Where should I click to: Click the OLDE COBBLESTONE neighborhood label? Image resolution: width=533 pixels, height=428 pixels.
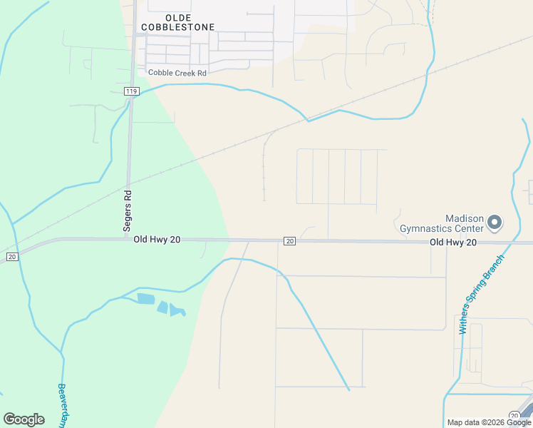(178, 21)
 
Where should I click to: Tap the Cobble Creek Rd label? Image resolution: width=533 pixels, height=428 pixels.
(177, 73)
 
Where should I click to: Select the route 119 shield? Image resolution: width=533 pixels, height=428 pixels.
(130, 91)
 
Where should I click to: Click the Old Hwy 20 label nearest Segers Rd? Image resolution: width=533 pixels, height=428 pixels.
(157, 240)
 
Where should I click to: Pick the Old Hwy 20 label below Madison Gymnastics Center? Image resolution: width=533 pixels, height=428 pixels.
(452, 243)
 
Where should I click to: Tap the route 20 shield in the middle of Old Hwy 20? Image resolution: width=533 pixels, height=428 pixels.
(289, 241)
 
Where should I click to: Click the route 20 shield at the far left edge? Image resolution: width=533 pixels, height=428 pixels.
(11, 256)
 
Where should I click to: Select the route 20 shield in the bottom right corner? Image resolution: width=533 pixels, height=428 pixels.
(514, 415)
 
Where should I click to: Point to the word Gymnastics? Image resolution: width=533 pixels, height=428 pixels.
(441, 229)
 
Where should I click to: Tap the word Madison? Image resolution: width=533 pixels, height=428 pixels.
(465, 218)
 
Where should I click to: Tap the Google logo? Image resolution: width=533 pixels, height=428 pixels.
(24, 419)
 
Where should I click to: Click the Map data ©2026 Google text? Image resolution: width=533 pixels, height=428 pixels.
(489, 422)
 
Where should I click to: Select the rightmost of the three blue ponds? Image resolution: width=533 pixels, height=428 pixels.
(176, 311)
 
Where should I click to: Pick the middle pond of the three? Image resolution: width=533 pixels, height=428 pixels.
(163, 307)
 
